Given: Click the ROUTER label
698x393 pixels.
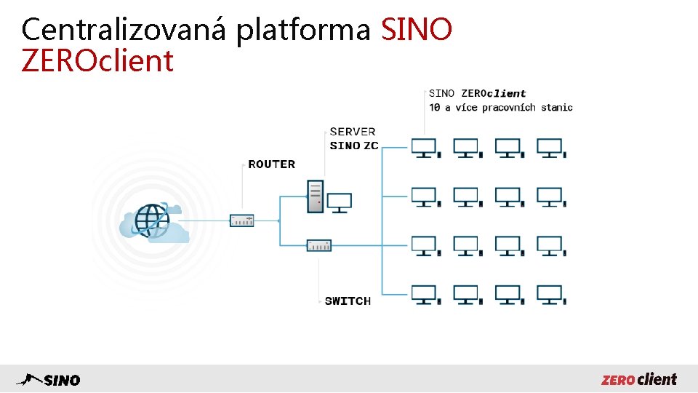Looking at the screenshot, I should [272, 164].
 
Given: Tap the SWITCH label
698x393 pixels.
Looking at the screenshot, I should [348, 301].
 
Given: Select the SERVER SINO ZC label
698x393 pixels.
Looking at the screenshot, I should [353, 138].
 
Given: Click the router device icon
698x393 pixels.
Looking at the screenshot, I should [242, 220].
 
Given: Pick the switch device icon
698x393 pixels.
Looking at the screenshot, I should [319, 245].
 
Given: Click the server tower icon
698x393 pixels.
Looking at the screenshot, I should [315, 196].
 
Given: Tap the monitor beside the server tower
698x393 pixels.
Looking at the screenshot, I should [340, 202].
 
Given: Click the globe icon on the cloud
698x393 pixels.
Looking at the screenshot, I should [152, 219].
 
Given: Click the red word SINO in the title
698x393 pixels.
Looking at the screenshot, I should [417, 30].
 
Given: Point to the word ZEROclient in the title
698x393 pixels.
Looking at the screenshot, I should [97, 61].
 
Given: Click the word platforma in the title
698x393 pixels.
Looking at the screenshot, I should [305, 30].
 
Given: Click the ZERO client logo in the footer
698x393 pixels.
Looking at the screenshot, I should [639, 379].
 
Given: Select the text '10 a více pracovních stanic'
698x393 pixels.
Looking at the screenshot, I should [501, 108].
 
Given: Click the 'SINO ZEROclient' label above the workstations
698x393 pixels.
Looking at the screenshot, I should [478, 93].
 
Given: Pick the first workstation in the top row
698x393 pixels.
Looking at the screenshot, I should [425, 148].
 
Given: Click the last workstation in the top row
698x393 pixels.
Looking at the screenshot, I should [550, 148].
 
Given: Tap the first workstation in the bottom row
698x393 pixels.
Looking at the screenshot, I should [425, 295].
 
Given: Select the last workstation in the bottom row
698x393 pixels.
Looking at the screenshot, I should [550, 295].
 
